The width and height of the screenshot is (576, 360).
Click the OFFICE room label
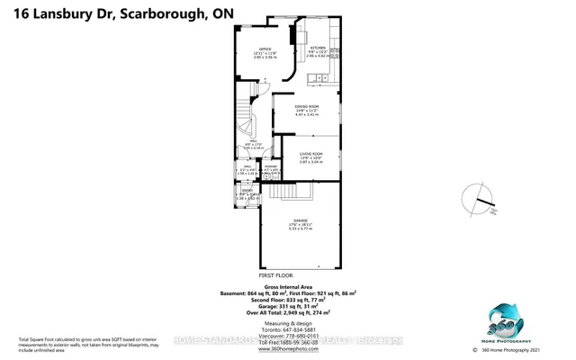pyautogui.click(x=265, y=49)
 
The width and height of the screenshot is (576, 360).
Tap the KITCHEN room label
pyautogui.click(x=318, y=48)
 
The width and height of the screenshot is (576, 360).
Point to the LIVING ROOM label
pyautogui.click(x=312, y=155)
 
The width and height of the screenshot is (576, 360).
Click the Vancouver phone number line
pyautogui.click(x=289, y=337)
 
